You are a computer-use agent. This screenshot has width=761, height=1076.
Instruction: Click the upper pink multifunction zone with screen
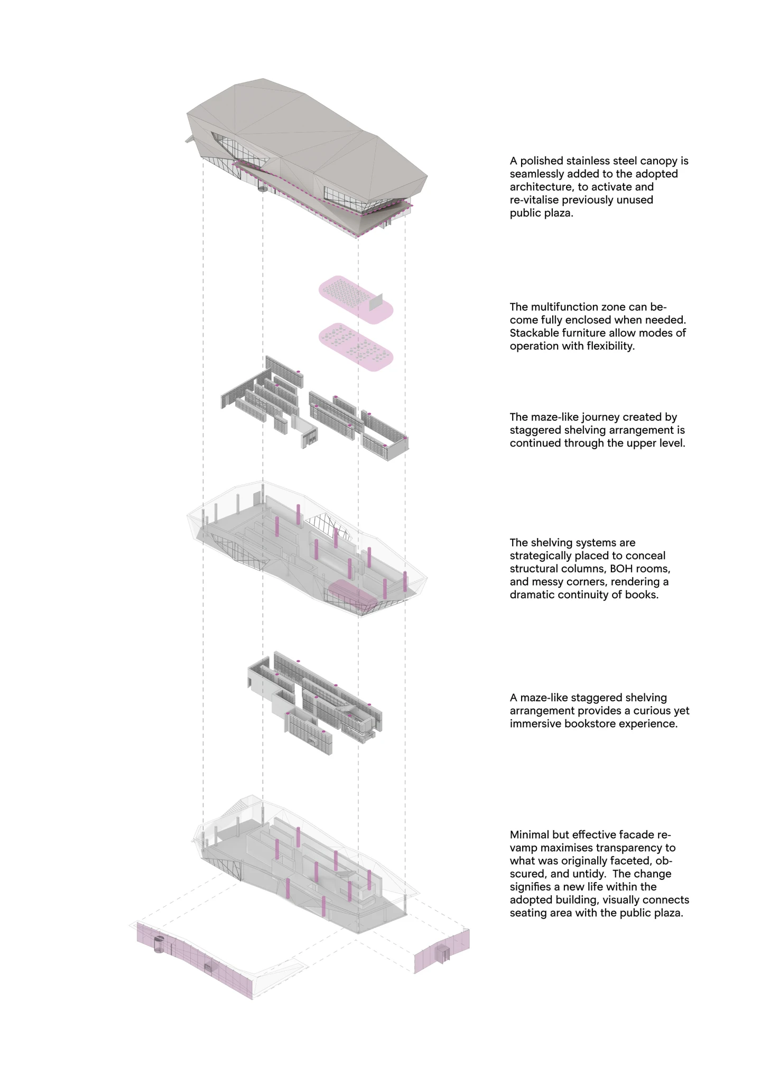349,296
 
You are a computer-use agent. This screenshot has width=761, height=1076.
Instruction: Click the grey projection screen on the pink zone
376,302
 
